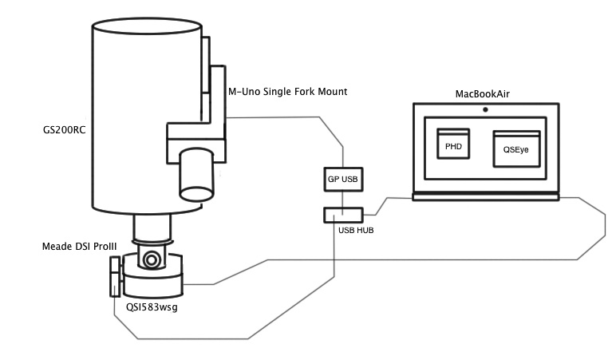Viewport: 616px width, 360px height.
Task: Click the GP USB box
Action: tap(342, 180)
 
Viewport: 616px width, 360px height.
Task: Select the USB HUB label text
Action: tap(345, 230)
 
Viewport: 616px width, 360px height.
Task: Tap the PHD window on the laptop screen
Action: tap(453, 144)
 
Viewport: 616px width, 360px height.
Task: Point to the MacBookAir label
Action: tap(483, 94)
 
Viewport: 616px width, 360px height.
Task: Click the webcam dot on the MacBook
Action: tap(484, 109)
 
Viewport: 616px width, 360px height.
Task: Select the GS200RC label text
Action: tap(64, 129)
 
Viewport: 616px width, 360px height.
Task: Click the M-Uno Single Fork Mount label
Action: tap(287, 93)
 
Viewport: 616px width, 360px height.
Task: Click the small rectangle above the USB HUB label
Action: tap(343, 214)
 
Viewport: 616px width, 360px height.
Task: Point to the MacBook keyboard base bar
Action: tap(484, 196)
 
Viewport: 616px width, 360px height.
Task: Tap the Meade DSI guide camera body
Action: tap(115, 275)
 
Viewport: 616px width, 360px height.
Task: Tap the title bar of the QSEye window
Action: tap(517, 133)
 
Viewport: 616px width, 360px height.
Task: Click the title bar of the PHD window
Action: tap(453, 131)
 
